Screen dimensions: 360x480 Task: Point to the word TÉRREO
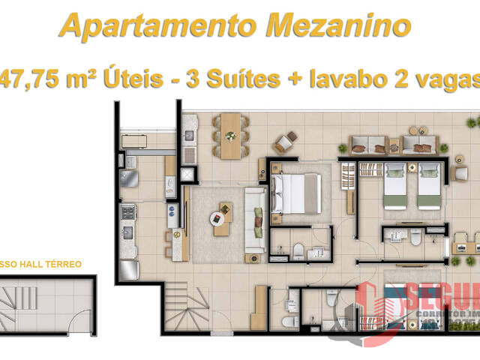click(x=67, y=265)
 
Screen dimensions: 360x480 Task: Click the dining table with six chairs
click(x=230, y=135)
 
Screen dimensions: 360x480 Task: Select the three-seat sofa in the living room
click(x=254, y=221)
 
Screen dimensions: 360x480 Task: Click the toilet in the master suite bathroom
click(x=298, y=250)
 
